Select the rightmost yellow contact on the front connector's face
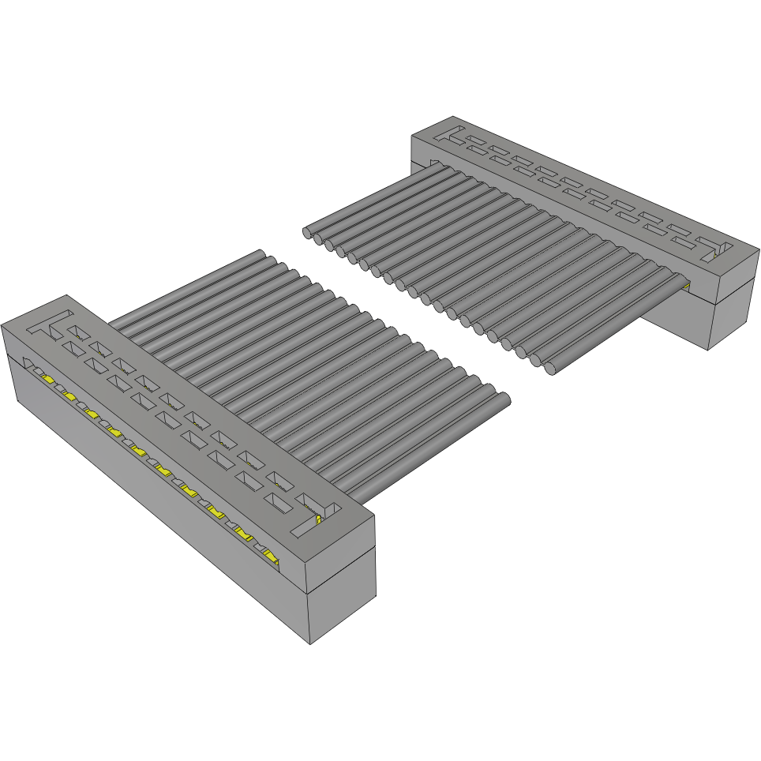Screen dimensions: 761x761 (x=270, y=559)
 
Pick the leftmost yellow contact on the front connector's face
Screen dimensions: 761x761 (x=48, y=380)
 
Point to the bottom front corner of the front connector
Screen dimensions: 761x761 (x=309, y=643)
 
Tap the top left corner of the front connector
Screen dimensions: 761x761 (x=3, y=325)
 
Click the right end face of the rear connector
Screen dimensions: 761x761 (x=733, y=304)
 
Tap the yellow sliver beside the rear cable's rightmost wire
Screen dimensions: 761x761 (x=685, y=282)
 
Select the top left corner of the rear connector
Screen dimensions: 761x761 (x=412, y=136)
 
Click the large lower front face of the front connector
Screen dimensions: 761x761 (x=158, y=505)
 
